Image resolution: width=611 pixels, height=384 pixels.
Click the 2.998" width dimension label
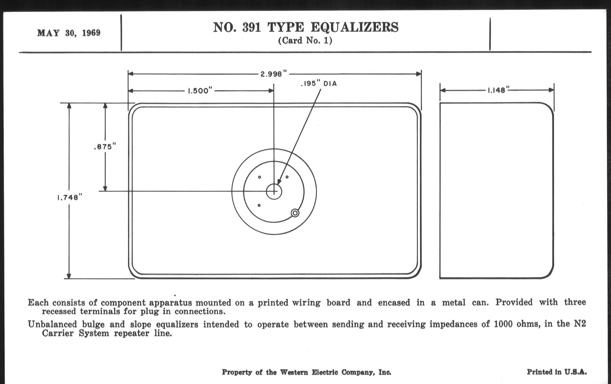274,74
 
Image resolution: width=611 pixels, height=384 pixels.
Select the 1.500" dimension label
200,91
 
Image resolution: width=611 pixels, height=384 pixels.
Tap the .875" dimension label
105,147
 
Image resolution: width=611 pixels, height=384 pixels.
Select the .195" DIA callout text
319,84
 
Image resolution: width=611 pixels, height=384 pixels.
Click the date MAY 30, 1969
69,33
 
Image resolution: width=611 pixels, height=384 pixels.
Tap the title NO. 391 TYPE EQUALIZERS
305,27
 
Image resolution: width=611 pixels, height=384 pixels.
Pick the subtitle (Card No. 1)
305,41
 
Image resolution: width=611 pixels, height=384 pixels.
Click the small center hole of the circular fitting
274,191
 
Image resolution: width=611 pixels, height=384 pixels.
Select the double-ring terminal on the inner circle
295,213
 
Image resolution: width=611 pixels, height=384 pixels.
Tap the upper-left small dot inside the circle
259,177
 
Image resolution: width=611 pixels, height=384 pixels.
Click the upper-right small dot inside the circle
287,177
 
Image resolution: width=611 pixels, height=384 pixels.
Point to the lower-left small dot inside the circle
259,205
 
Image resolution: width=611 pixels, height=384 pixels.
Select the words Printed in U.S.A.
557,372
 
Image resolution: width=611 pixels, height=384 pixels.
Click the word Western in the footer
294,372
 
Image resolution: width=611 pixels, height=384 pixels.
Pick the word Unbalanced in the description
52,325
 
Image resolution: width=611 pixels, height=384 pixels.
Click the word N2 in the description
580,324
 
